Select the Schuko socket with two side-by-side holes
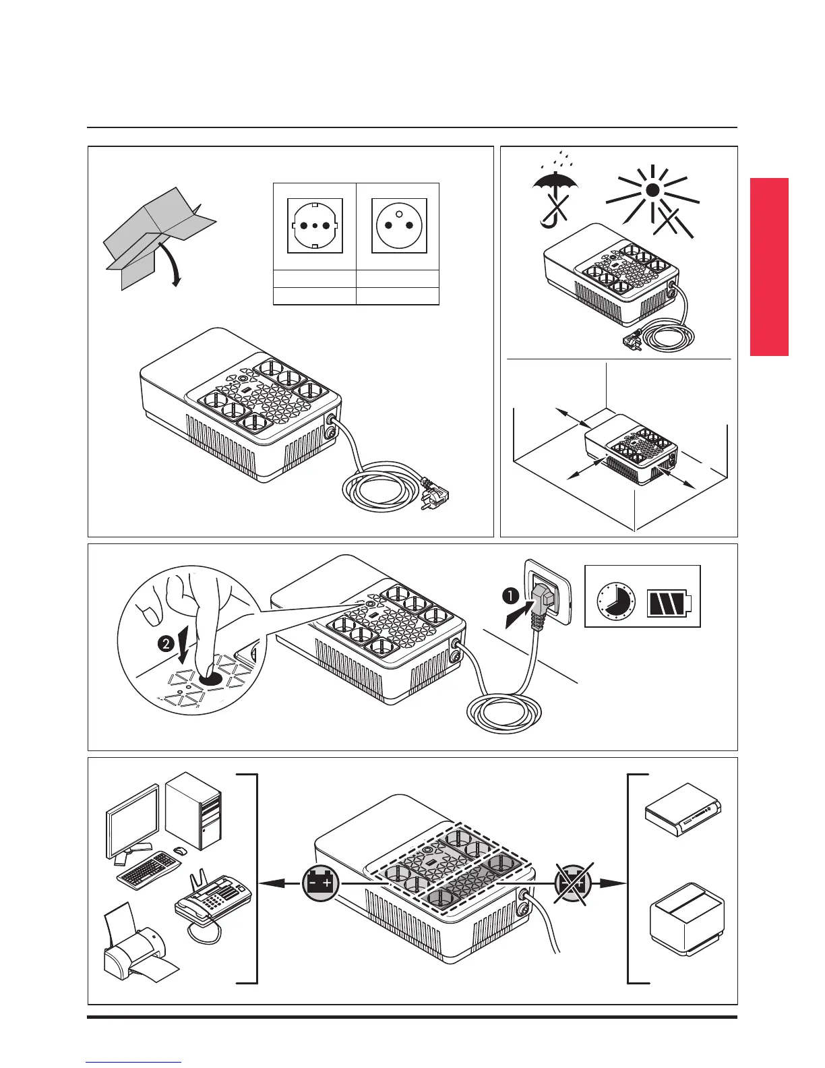pyautogui.click(x=315, y=226)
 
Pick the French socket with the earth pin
pyautogui.click(x=398, y=226)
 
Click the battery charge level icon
pyautogui.click(x=669, y=602)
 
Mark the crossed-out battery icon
pyautogui.click(x=572, y=883)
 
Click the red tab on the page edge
pyautogui.click(x=769, y=266)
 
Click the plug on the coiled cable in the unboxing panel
pyautogui.click(x=433, y=496)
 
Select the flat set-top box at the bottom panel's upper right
pyautogui.click(x=683, y=805)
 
